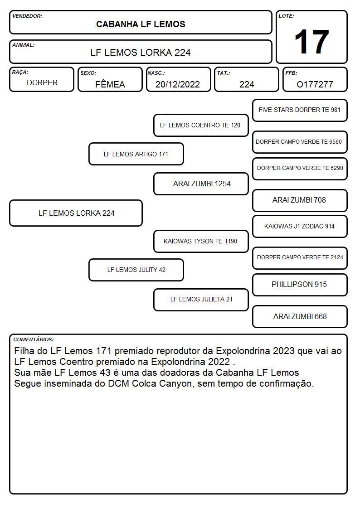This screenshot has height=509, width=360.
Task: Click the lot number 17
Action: pyautogui.click(x=311, y=42)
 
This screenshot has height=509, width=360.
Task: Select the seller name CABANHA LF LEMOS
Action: pyautogui.click(x=141, y=24)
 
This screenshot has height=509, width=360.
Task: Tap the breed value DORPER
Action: pyautogui.click(x=42, y=83)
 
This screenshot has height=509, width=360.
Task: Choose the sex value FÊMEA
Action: pyautogui.click(x=110, y=84)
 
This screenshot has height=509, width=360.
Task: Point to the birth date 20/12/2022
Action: pyautogui.click(x=178, y=84)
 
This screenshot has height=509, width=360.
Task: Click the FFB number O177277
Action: pyautogui.click(x=315, y=84)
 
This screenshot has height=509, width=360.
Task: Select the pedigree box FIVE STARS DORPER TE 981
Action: pyautogui.click(x=300, y=111)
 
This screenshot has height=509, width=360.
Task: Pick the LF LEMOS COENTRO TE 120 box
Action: pyautogui.click(x=201, y=125)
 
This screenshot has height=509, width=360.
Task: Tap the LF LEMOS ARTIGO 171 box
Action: pyautogui.click(x=136, y=154)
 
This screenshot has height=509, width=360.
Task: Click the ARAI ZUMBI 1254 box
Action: pyautogui.click(x=201, y=184)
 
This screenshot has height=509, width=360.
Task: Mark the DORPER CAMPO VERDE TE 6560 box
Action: pyautogui.click(x=300, y=142)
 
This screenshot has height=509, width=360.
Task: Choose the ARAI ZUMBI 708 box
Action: pyautogui.click(x=300, y=200)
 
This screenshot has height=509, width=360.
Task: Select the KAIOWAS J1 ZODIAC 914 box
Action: pyautogui.click(x=300, y=226)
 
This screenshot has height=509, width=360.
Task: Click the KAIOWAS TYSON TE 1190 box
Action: pyautogui.click(x=201, y=241)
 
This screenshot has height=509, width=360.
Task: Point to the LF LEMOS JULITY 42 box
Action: pyautogui.click(x=136, y=270)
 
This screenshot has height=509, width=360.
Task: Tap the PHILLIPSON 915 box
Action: pyautogui.click(x=300, y=285)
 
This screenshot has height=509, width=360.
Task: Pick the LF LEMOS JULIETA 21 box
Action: pyautogui.click(x=201, y=300)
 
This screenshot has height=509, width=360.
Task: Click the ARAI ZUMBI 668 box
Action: pyautogui.click(x=300, y=316)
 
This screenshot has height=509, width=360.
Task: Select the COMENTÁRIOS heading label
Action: pyautogui.click(x=34, y=339)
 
